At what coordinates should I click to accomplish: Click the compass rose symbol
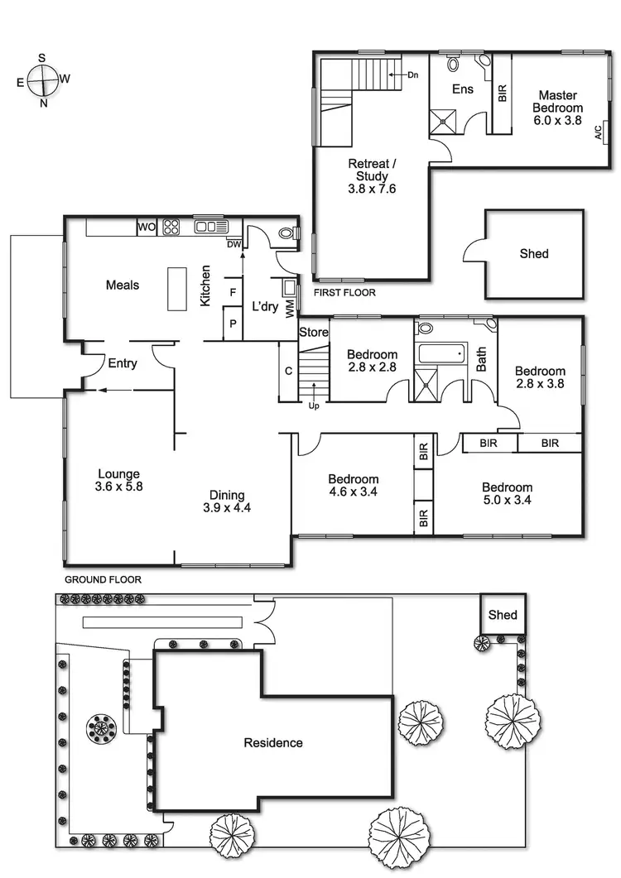click(x=42, y=81)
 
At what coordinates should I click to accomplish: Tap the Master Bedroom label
click(x=557, y=108)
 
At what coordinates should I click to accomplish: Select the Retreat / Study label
click(x=372, y=176)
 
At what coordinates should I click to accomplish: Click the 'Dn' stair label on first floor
click(x=412, y=75)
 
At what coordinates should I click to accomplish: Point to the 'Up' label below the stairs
click(x=314, y=406)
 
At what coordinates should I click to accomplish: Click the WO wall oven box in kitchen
click(x=147, y=227)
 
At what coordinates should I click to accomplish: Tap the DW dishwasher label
click(x=233, y=243)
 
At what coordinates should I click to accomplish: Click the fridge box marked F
click(x=233, y=292)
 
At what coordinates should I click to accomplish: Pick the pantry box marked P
click(x=233, y=324)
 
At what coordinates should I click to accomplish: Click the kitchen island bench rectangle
click(x=176, y=288)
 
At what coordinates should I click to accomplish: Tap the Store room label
click(x=314, y=333)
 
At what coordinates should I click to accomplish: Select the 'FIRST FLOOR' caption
click(x=344, y=293)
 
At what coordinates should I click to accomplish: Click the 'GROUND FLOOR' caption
click(x=103, y=580)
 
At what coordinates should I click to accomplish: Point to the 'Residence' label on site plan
click(x=272, y=743)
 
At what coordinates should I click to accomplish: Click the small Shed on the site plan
click(x=503, y=615)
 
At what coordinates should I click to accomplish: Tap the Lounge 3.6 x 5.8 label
click(x=119, y=481)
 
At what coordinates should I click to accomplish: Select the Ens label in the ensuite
click(x=462, y=89)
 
